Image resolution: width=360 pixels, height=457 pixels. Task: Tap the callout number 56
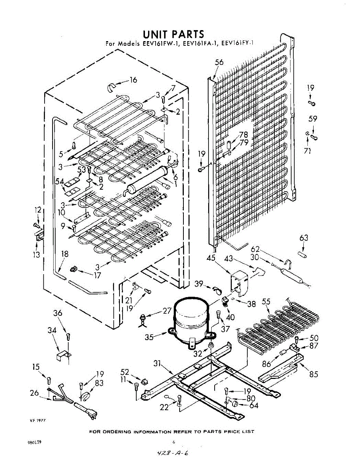tap(219, 63)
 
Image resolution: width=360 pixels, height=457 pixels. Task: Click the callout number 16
tap(133, 80)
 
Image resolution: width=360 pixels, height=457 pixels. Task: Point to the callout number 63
tap(303, 238)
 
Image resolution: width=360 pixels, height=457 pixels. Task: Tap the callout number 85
tap(314, 374)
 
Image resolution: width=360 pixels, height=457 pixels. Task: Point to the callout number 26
tap(34, 393)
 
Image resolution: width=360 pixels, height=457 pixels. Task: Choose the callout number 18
tap(65, 254)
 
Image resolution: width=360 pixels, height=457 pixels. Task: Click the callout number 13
tap(36, 255)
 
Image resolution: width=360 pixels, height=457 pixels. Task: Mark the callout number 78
tap(244, 134)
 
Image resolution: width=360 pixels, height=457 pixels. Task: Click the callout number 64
tap(253, 406)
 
